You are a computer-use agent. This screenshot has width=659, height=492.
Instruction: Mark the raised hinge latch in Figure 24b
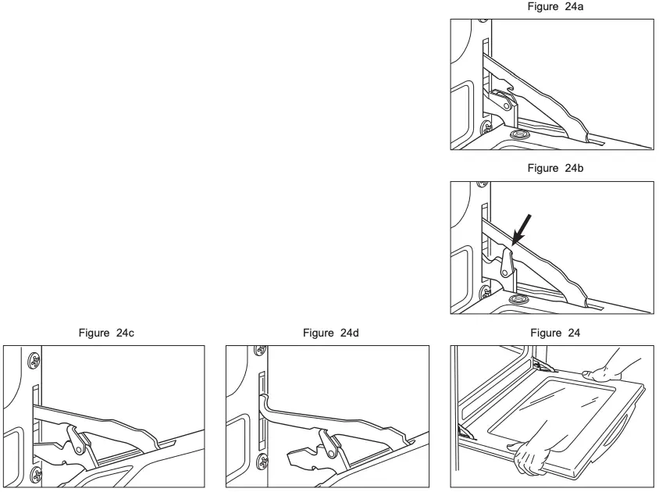(506, 262)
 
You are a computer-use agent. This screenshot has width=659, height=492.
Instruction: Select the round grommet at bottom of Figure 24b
(515, 300)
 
